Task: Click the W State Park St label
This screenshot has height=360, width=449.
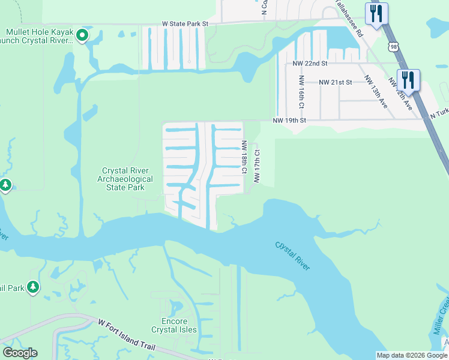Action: [184, 24]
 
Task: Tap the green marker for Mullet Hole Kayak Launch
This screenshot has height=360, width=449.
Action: [83, 37]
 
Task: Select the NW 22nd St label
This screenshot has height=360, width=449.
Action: [310, 63]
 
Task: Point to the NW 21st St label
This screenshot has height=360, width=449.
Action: [335, 82]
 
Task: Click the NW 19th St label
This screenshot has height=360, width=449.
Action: [289, 121]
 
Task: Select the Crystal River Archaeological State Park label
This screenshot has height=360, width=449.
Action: [127, 179]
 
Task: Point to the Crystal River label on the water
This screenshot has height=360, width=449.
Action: [293, 256]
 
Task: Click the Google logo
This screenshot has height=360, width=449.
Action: [20, 353]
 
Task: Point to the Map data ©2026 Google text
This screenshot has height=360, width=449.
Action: [412, 355]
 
